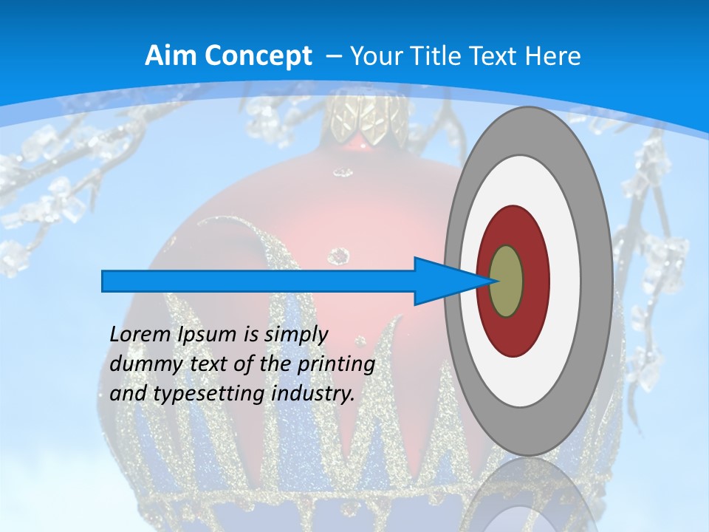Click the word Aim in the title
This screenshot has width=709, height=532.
click(x=166, y=56)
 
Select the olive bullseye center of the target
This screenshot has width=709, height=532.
click(x=507, y=281)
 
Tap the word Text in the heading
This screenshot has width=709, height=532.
click(x=495, y=56)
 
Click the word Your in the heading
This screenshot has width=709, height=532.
click(x=374, y=56)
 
